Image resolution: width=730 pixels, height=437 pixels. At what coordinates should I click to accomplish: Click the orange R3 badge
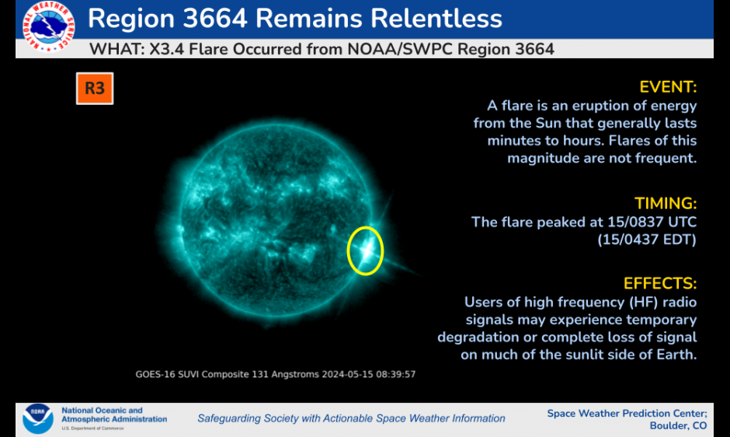95,88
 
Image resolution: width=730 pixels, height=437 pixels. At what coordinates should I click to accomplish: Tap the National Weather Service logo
48,26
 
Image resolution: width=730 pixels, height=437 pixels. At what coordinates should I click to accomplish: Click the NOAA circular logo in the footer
38,418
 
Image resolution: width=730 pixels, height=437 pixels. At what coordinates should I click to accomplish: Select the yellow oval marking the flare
347,251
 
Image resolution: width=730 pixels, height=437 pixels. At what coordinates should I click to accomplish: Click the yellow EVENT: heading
668,87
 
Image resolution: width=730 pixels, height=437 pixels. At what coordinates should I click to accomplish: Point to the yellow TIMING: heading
666,204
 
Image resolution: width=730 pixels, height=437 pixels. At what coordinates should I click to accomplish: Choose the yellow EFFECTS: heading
659,284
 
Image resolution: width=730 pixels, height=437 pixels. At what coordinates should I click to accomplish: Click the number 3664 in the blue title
214,19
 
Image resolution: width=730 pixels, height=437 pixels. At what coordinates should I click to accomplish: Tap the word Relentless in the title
436,19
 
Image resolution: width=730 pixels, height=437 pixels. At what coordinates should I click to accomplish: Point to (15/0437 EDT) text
647,239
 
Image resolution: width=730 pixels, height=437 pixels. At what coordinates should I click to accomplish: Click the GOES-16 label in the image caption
155,375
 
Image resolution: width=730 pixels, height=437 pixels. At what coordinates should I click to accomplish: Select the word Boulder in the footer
668,426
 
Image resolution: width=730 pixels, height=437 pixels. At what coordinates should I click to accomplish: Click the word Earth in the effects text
678,355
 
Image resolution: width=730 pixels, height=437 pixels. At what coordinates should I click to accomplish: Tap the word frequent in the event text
669,159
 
